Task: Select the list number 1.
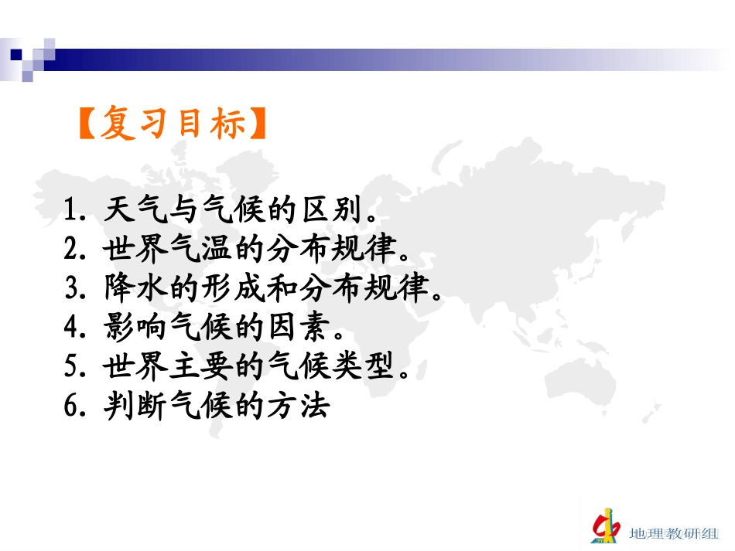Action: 74,210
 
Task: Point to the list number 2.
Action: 74,250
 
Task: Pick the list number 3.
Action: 74,289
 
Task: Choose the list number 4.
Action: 74,328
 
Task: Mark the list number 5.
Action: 74,368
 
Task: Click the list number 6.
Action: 74,407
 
